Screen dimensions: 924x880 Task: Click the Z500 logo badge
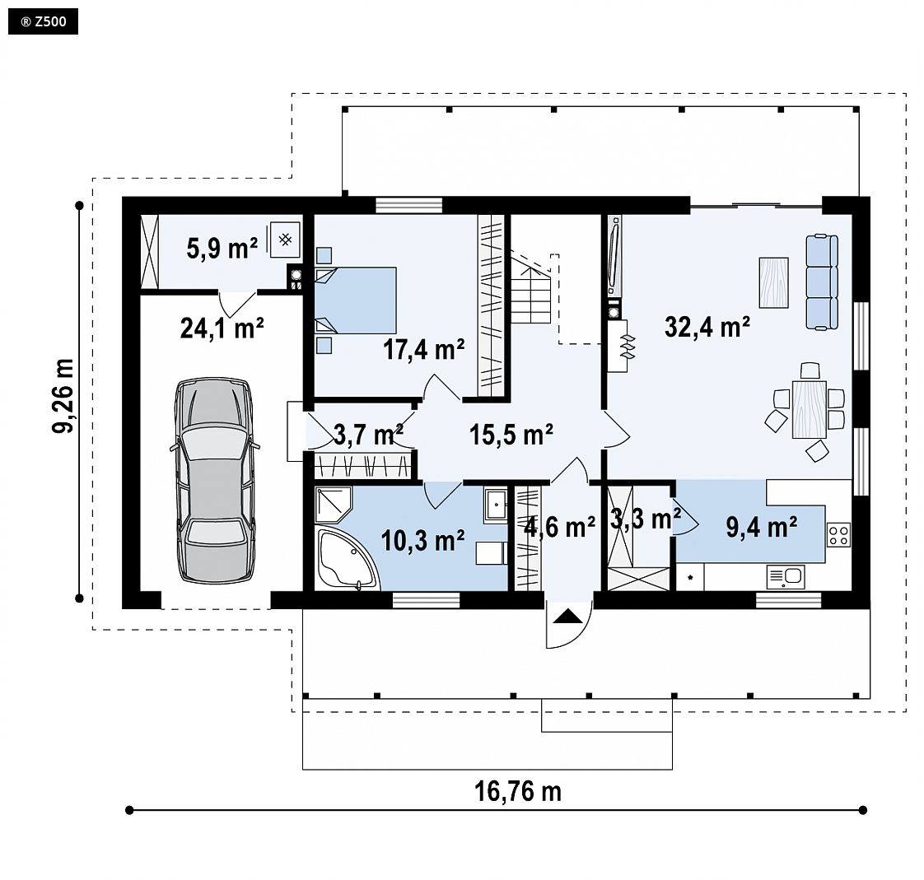point(43,22)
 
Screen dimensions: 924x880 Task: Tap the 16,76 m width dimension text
point(518,792)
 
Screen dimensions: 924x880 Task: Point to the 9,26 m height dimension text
point(63,396)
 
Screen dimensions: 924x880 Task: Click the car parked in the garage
point(214,481)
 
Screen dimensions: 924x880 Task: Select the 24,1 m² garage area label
point(222,328)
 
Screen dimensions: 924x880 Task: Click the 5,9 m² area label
point(222,248)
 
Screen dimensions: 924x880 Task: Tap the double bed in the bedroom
point(355,301)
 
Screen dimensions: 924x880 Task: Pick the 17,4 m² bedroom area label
point(423,349)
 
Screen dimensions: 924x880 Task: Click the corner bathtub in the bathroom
point(345,559)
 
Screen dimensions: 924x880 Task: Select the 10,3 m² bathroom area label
point(422,540)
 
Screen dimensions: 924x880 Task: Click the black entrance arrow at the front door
point(567,616)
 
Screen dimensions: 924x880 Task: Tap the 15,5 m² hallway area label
point(511,435)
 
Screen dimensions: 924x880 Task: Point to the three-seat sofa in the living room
point(822,282)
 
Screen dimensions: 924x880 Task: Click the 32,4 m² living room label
point(707,326)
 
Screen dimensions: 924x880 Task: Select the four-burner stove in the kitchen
point(838,534)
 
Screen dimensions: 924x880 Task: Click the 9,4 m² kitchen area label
point(762,527)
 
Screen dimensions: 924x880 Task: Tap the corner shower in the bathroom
point(333,505)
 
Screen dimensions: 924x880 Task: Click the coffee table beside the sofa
point(774,282)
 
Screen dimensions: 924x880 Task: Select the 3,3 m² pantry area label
point(646,519)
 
